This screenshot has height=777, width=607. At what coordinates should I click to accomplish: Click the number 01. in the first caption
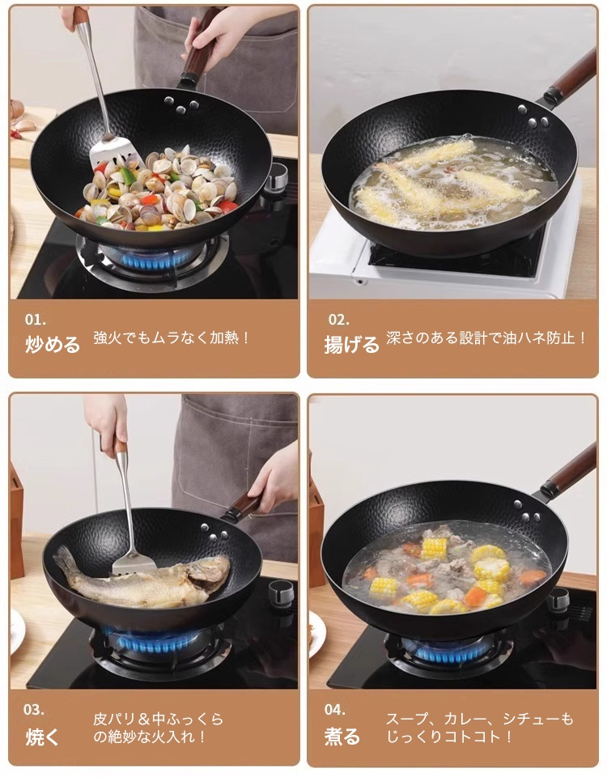click(36, 319)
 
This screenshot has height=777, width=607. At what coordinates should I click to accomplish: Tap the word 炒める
click(53, 345)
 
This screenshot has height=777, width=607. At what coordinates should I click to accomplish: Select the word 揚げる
click(351, 345)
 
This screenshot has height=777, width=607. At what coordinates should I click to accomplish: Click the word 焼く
click(41, 737)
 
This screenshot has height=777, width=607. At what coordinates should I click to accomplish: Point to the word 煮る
click(342, 737)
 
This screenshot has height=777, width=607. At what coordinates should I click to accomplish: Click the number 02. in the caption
click(338, 319)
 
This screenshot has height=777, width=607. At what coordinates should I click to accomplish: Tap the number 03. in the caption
click(34, 710)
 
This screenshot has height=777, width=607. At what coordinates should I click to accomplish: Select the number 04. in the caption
click(335, 710)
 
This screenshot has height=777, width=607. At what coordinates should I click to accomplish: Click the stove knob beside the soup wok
click(558, 600)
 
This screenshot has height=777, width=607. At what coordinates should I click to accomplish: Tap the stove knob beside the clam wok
click(276, 178)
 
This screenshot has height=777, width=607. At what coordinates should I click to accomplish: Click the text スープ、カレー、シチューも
click(479, 719)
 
